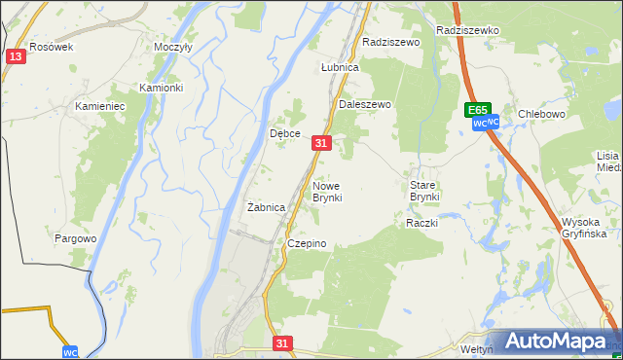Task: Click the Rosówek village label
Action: (52, 47)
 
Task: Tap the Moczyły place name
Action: (173, 47)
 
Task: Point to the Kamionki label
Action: (161, 88)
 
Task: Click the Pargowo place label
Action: (76, 238)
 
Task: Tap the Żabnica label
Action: (266, 207)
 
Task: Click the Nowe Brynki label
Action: (326, 191)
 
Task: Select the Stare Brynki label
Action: (424, 190)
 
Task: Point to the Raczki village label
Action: (422, 223)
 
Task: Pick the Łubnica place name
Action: (341, 68)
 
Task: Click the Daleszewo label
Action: (364, 104)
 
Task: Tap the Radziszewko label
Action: (468, 30)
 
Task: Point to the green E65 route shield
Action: (477, 111)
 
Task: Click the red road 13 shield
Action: (15, 57)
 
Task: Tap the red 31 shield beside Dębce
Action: (323, 143)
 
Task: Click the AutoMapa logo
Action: (554, 341)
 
